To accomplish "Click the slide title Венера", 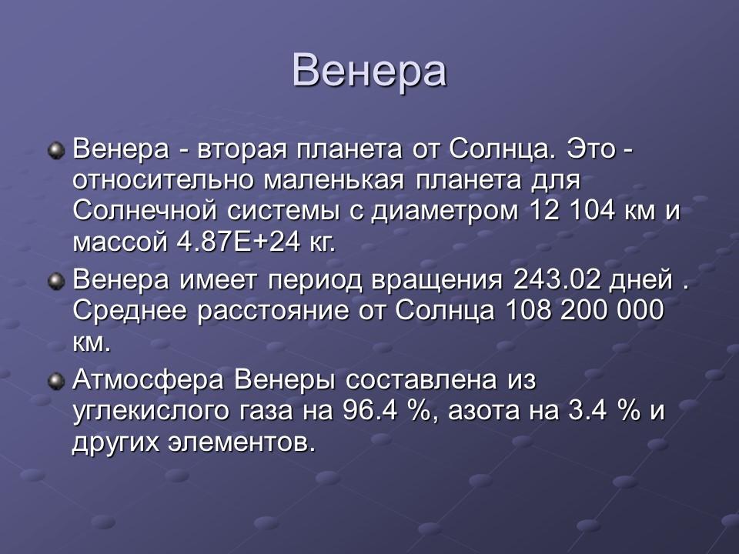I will pos(369,70).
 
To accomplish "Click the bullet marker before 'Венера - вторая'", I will pos(56,149).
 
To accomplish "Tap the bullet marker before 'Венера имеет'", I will pos(56,281).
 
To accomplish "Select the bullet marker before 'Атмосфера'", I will pos(56,382).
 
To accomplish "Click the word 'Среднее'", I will pos(127,312).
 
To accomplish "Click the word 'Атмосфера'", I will pos(147,381).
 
